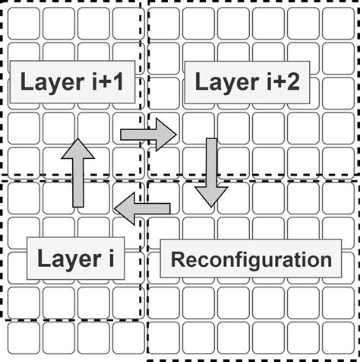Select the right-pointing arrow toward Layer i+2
[x=147, y=135]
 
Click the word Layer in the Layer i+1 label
[x=50, y=83]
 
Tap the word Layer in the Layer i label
[x=65, y=259]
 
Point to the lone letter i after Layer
[x=109, y=259]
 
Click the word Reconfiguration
[x=251, y=259]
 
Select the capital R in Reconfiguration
[x=177, y=259]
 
